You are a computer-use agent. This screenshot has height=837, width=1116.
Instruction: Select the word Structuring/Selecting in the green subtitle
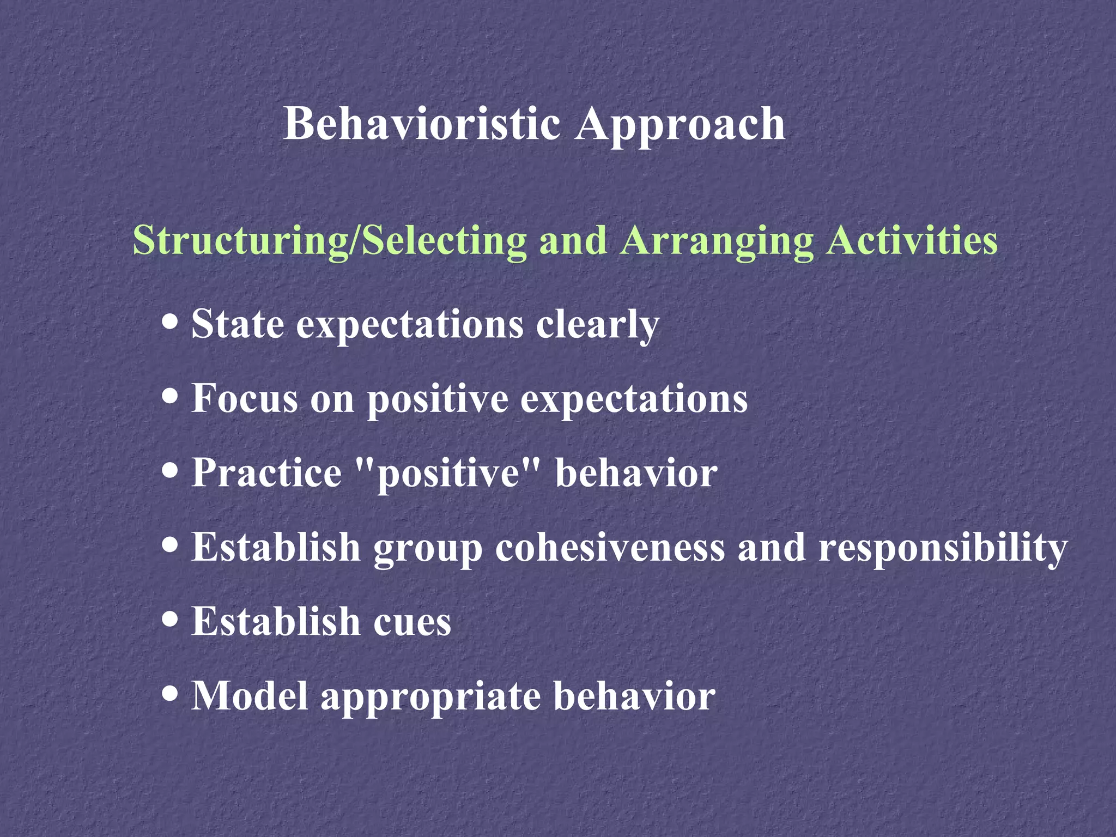click(330, 240)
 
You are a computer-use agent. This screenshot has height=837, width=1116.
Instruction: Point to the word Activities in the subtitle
click(912, 240)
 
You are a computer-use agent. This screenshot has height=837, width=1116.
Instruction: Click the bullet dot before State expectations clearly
click(171, 321)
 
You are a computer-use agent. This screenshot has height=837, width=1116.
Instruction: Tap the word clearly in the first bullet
click(597, 325)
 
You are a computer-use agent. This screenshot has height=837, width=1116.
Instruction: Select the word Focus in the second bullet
click(245, 398)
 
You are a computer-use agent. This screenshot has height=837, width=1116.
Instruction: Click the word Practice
click(266, 472)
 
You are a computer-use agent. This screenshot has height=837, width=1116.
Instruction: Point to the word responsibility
click(942, 548)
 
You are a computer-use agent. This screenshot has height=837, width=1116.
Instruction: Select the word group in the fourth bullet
click(428, 549)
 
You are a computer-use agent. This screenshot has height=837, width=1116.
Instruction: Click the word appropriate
click(430, 697)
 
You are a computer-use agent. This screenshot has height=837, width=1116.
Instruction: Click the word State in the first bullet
click(238, 324)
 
